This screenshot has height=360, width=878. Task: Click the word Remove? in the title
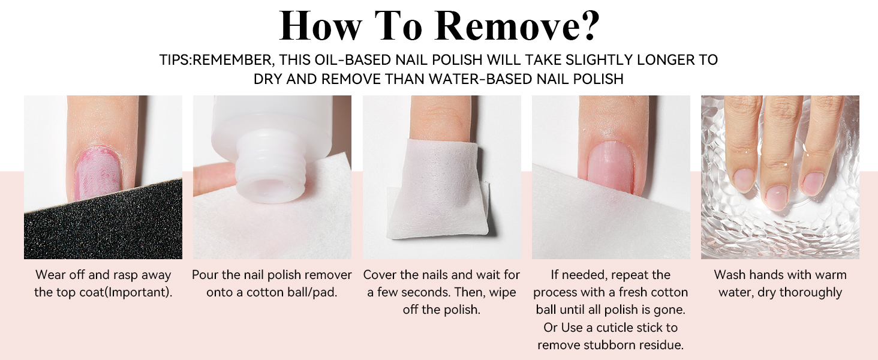(517, 25)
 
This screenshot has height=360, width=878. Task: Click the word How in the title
(320, 25)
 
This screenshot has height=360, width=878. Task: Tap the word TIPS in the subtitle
(174, 60)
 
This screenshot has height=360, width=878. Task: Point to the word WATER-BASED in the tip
(480, 79)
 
